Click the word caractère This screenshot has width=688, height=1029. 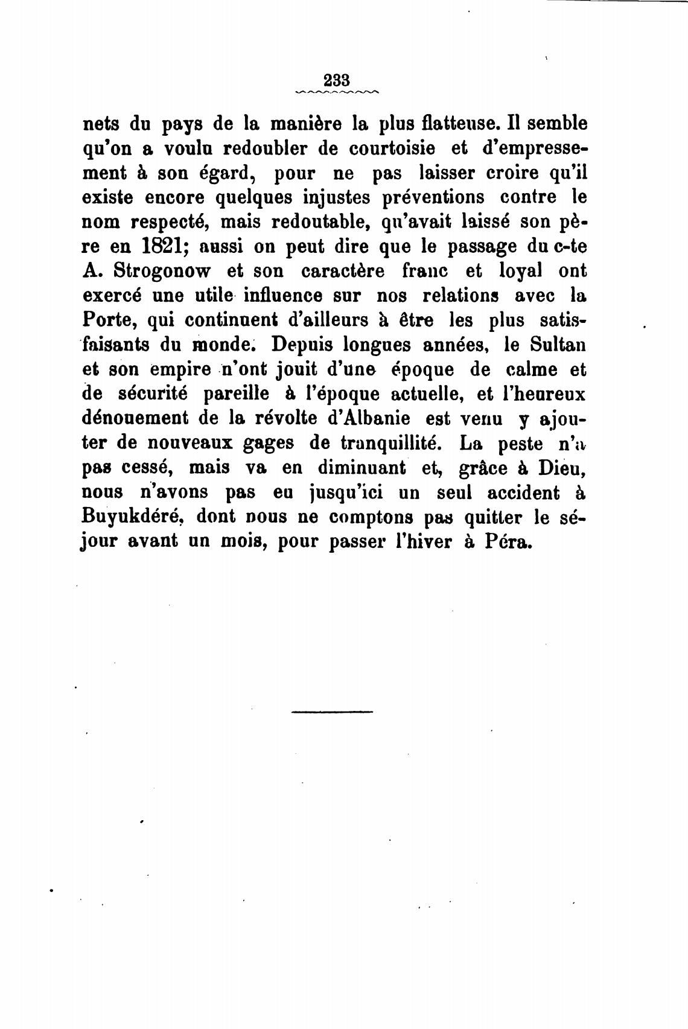[x=342, y=272]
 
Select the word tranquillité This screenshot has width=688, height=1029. [x=383, y=444]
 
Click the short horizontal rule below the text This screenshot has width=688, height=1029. [x=332, y=712]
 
